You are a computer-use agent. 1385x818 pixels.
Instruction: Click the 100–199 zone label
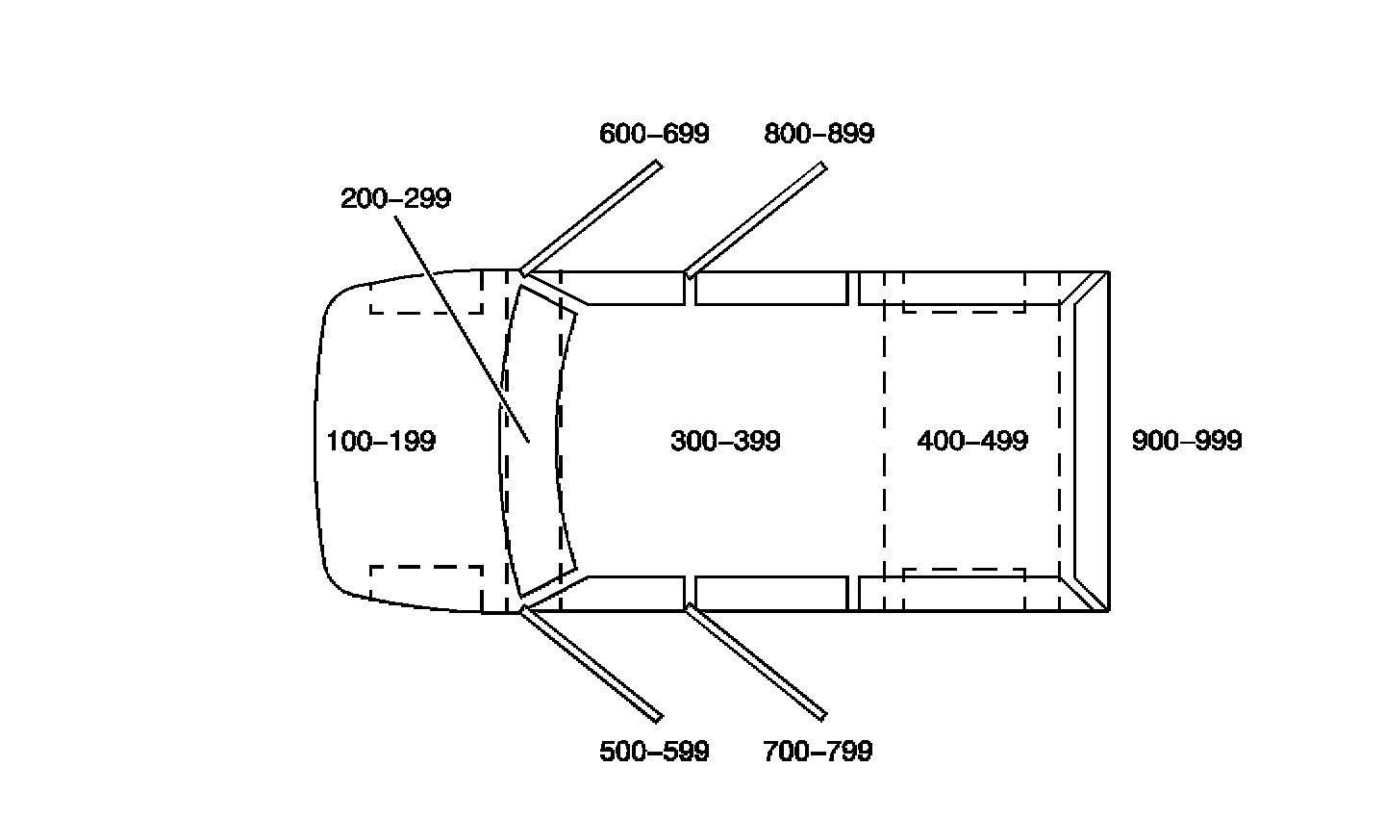[381, 442]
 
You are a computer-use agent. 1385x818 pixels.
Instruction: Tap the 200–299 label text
[395, 199]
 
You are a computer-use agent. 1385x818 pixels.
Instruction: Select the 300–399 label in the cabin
[725, 442]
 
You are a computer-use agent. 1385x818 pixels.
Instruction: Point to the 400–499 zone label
[972, 442]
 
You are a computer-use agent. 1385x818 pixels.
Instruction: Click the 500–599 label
[654, 752]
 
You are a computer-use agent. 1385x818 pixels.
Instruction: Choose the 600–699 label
[654, 134]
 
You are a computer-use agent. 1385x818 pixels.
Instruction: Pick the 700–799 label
[818, 752]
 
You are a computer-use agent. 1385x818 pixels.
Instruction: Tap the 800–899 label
[819, 134]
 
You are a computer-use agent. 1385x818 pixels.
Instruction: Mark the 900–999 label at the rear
[1187, 442]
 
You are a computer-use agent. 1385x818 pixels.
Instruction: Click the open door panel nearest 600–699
[591, 218]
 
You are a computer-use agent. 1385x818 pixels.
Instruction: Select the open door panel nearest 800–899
[755, 220]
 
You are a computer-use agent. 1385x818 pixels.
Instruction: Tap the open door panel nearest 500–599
[591, 663]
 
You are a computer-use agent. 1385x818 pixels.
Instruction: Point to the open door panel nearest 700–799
[755, 661]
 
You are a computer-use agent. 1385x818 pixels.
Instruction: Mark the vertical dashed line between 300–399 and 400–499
[884, 442]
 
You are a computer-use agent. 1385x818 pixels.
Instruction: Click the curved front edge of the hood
[316, 442]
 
